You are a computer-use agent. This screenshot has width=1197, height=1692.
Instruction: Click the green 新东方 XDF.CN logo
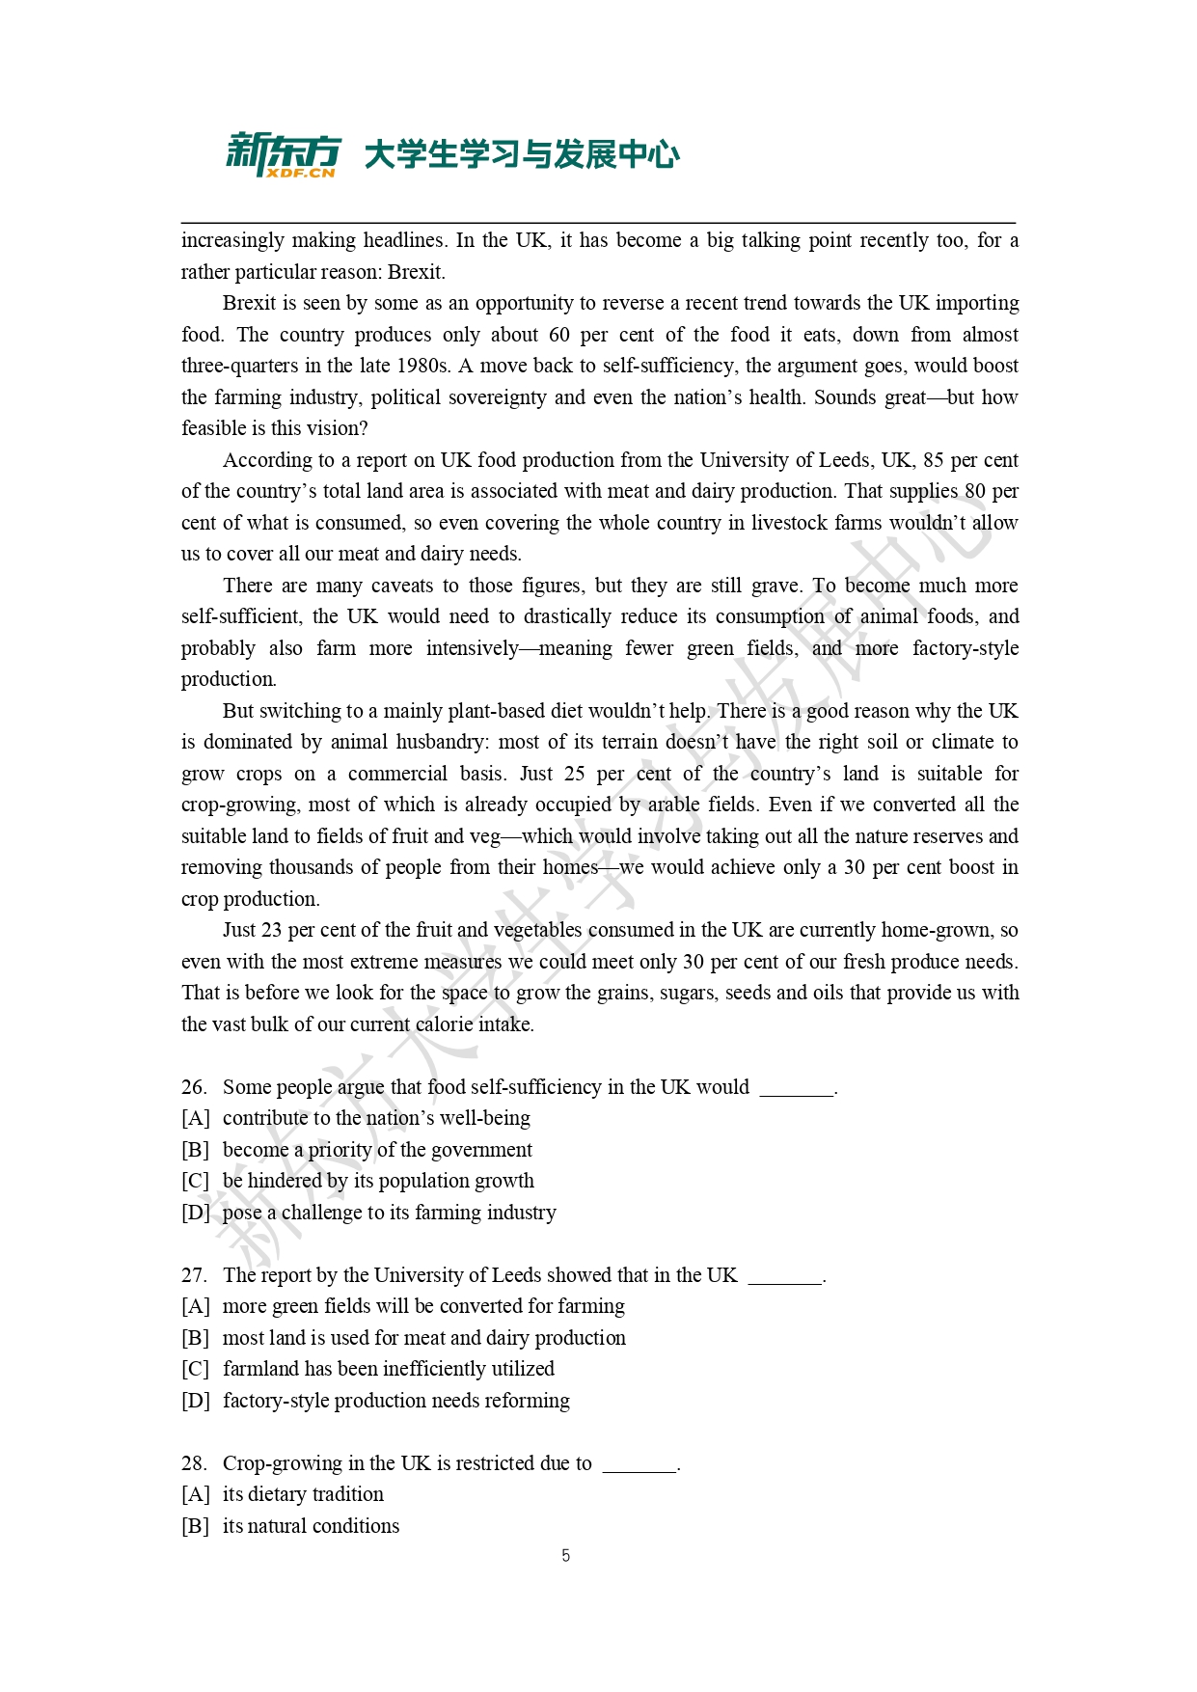(283, 154)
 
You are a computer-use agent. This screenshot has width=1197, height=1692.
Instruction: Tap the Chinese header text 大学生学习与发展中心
(522, 154)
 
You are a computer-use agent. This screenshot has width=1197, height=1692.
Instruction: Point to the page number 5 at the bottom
(566, 1555)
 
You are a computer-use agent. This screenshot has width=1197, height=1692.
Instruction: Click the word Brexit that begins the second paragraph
(249, 303)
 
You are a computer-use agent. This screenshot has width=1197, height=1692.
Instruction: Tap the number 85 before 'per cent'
(933, 460)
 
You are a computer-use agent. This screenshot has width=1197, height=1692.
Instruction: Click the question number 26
(193, 1087)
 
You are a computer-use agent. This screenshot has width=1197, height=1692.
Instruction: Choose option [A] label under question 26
(195, 1118)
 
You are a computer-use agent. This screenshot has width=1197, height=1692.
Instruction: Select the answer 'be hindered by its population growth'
(378, 1181)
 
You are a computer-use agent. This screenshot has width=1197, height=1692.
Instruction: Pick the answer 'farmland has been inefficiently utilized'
(388, 1369)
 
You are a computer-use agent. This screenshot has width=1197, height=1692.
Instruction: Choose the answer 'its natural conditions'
(311, 1526)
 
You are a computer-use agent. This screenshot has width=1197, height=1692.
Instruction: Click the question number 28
(193, 1463)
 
